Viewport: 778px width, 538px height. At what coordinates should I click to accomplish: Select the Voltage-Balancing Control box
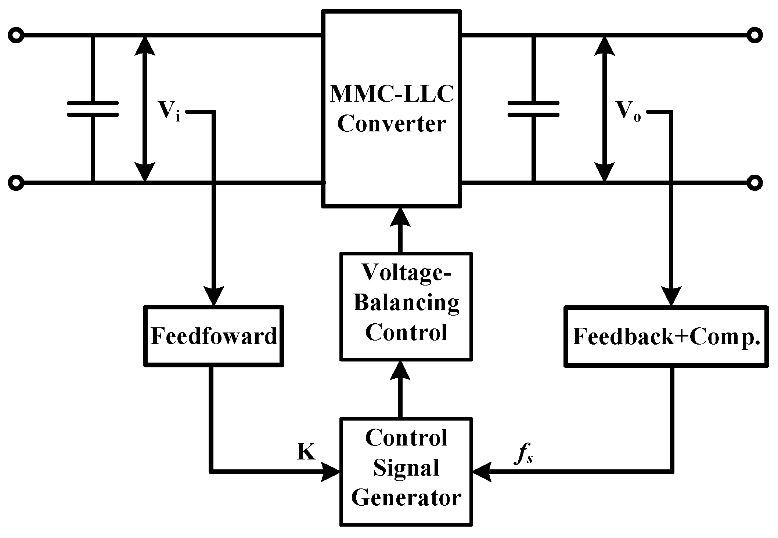[x=406, y=306]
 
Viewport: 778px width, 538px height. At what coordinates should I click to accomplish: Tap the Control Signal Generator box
[x=406, y=471]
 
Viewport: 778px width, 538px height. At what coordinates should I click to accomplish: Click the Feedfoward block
[x=214, y=336]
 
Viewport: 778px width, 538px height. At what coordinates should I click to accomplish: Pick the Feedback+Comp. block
[x=666, y=336]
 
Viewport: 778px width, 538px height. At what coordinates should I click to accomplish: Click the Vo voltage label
[x=628, y=110]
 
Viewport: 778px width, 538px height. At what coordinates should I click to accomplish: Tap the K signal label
[x=306, y=452]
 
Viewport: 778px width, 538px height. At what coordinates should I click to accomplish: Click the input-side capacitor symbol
[x=93, y=109]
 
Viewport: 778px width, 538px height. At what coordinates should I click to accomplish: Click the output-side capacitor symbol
[x=533, y=109]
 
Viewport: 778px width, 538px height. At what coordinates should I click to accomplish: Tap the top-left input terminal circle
[x=16, y=36]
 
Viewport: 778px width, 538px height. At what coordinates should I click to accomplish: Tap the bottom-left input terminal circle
[x=16, y=182]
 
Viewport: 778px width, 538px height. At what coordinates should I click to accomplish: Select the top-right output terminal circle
[x=754, y=36]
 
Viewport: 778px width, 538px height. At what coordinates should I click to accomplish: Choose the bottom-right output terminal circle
[x=754, y=182]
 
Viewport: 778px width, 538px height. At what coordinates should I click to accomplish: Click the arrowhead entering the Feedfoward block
[x=213, y=296]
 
